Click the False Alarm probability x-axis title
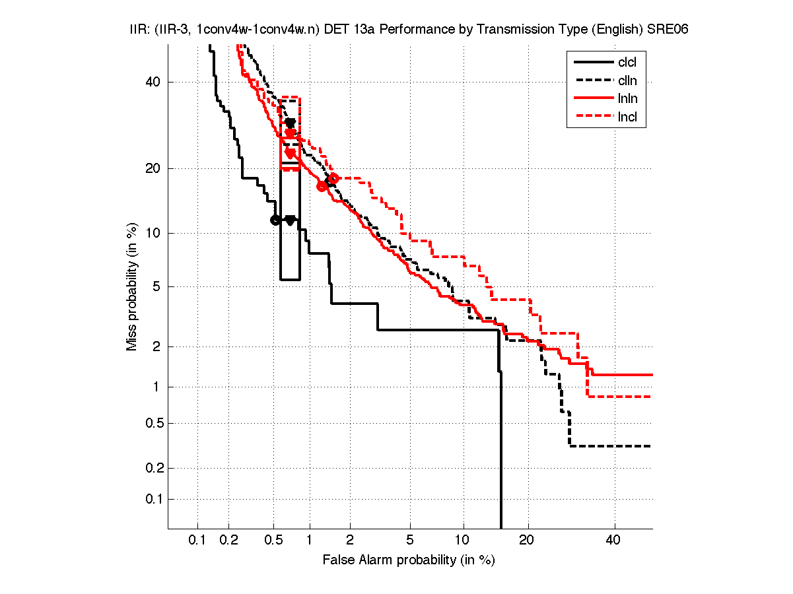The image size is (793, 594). point(409,560)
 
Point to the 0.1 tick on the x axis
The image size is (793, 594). point(197,541)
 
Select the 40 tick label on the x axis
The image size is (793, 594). point(614,541)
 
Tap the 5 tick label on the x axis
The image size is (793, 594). point(410,541)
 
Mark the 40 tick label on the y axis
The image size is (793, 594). point(153,82)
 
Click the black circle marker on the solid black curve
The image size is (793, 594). point(275,220)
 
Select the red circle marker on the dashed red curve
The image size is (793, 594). point(333,178)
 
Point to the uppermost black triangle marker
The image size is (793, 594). point(290,123)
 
